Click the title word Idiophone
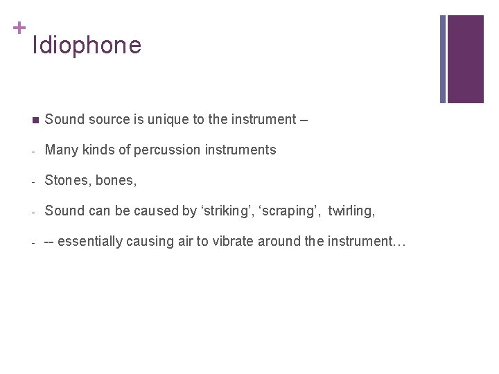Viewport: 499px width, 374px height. tap(87, 46)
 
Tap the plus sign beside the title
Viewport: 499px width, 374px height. tap(18, 28)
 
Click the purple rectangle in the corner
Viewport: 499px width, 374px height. tap(466, 59)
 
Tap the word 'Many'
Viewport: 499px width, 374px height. tap(60, 150)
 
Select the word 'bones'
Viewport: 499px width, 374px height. tap(116, 180)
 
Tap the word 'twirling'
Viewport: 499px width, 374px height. tap(351, 211)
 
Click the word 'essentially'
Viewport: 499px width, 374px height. tap(92, 241)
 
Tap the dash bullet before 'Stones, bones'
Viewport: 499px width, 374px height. tap(33, 181)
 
